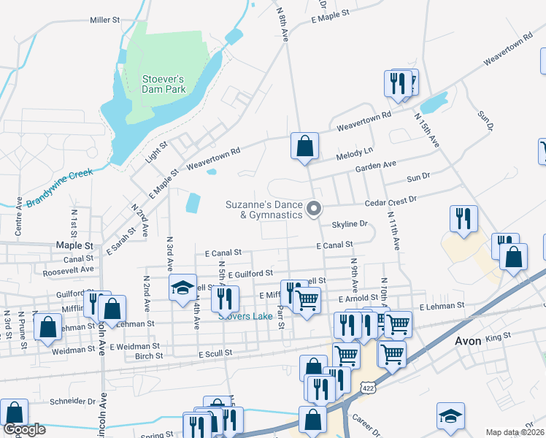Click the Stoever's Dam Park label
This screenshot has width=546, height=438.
154,84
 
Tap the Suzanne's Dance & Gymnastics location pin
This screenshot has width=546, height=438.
315,209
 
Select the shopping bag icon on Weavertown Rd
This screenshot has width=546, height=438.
304,146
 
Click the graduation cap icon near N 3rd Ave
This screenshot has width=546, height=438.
182,287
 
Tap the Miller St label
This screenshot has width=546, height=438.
105,20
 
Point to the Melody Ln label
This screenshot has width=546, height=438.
354,154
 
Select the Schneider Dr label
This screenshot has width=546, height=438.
74,401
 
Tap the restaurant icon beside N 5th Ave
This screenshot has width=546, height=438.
225,297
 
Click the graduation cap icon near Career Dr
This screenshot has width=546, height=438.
450,417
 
